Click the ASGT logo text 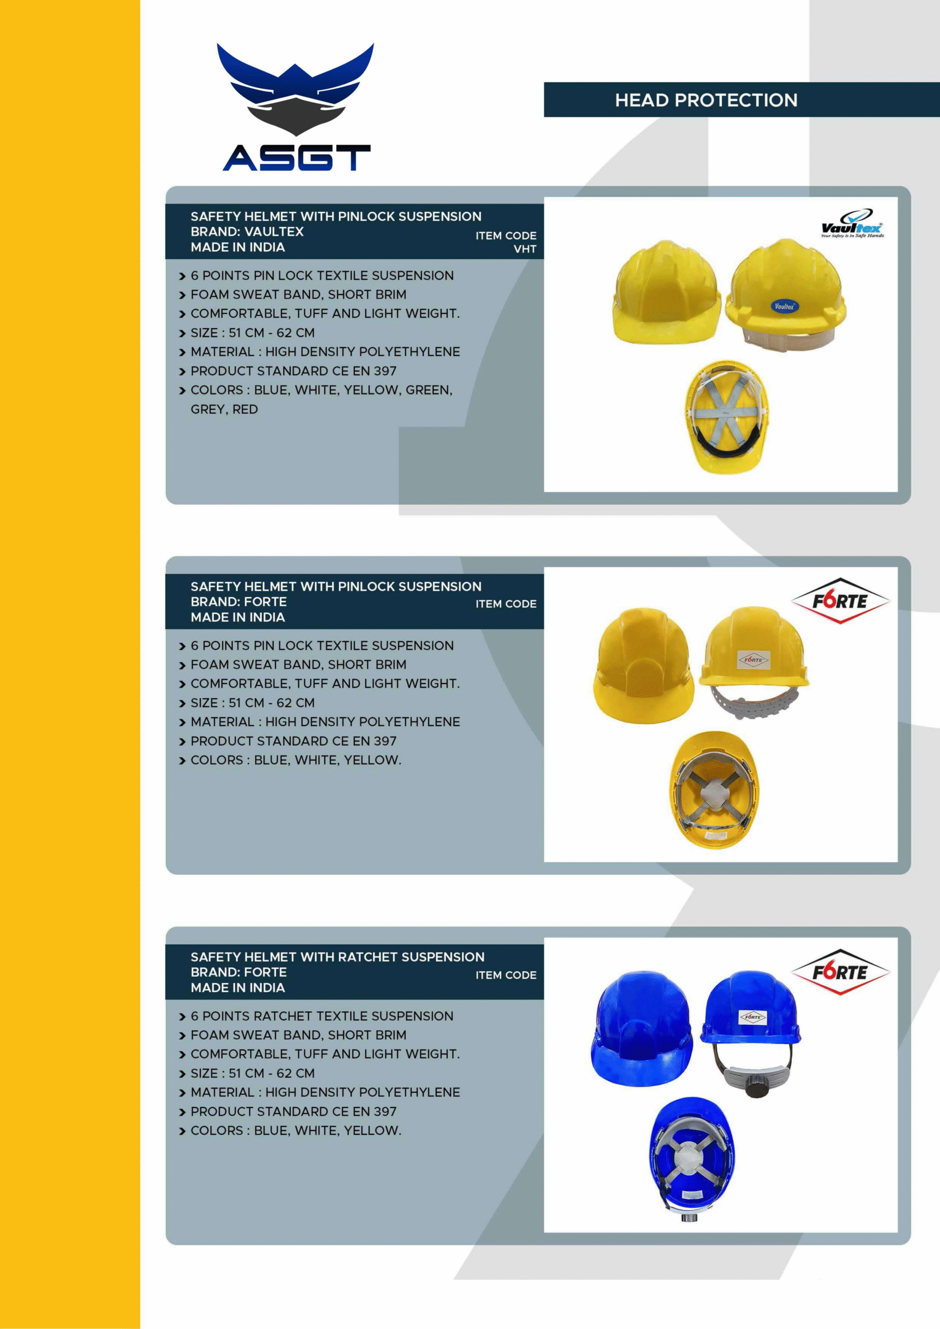coord(297,157)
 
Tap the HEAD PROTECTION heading coord(706,100)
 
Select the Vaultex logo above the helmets coord(852,224)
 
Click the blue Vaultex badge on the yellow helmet coord(784,306)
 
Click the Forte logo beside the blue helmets coord(840,972)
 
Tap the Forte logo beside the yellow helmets coord(840,601)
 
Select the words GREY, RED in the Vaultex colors coord(224,409)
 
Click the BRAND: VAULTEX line coord(247,232)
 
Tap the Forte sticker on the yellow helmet coord(754,659)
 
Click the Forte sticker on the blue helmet coord(753,1017)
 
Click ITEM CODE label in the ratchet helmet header coord(506,975)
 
